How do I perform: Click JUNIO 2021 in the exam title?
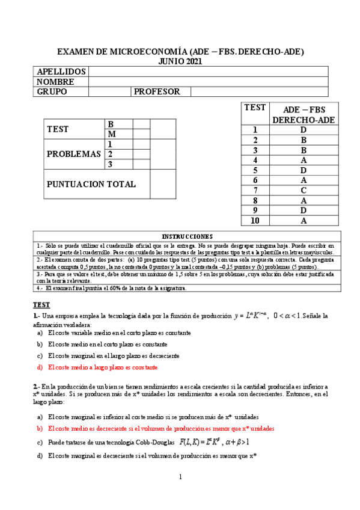[x=180, y=61]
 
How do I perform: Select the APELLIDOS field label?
[x=58, y=72]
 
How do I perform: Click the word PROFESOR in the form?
[x=157, y=91]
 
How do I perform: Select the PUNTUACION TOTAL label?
[x=91, y=185]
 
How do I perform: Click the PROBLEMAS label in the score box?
[x=73, y=154]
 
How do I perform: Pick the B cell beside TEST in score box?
[x=111, y=124]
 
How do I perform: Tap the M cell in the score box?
[x=111, y=134]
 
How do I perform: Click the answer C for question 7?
[x=304, y=190]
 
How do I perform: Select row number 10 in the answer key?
[x=255, y=221]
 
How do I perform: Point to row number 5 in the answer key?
[x=255, y=170]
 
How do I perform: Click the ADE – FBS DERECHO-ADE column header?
[x=304, y=114]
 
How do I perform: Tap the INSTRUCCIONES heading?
[x=180, y=236]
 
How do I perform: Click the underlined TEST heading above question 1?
[x=41, y=305]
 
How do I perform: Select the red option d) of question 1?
[x=102, y=367]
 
